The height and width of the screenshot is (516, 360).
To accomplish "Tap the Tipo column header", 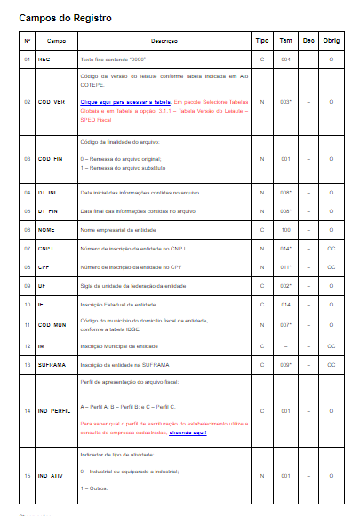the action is point(262,41).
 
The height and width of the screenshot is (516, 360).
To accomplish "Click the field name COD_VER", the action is point(52,102).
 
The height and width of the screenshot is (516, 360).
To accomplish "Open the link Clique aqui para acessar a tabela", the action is point(125,102).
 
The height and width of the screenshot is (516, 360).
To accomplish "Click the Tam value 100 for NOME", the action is point(285,228).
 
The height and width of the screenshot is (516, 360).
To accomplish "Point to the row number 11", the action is point(28,325).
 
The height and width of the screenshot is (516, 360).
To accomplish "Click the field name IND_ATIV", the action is point(52,476).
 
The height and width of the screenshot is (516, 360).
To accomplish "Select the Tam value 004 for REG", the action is point(285,59).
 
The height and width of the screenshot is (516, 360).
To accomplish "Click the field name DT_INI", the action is point(48,191).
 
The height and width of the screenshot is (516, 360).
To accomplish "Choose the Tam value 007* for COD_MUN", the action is point(285,325).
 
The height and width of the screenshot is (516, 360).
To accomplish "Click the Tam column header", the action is point(285,41).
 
